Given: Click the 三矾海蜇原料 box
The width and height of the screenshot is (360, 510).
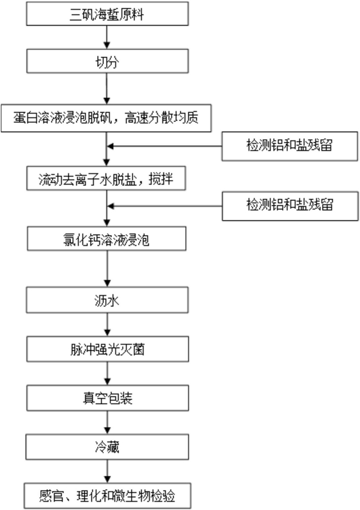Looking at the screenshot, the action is click(x=107, y=14).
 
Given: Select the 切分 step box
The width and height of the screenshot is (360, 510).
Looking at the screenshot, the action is click(x=107, y=61).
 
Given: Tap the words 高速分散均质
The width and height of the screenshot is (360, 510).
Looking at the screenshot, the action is click(x=162, y=118).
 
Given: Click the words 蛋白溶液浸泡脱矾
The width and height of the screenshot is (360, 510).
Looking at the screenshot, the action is click(x=62, y=118).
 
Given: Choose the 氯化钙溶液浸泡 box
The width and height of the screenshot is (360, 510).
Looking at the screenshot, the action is click(x=107, y=239).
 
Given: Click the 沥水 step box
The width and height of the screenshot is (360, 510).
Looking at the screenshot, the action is click(x=107, y=300).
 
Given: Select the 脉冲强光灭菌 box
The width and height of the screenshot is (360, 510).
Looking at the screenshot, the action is click(x=108, y=349).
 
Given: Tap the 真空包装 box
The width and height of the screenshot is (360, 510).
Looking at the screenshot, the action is click(x=108, y=398).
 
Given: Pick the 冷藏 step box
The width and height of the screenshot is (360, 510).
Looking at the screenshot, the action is click(x=107, y=448).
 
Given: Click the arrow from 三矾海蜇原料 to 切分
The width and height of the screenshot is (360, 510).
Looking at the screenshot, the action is click(x=107, y=37).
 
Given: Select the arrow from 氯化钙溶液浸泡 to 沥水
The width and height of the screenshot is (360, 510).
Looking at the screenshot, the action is click(x=107, y=269).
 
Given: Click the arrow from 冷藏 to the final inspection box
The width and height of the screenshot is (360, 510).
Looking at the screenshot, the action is click(x=107, y=471).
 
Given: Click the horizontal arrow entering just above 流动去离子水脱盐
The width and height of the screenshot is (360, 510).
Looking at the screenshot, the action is click(x=165, y=147).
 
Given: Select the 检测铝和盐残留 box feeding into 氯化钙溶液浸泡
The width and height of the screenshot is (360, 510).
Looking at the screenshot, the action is click(x=290, y=206).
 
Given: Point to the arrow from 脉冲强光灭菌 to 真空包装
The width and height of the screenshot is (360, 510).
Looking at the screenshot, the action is click(x=107, y=373).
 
